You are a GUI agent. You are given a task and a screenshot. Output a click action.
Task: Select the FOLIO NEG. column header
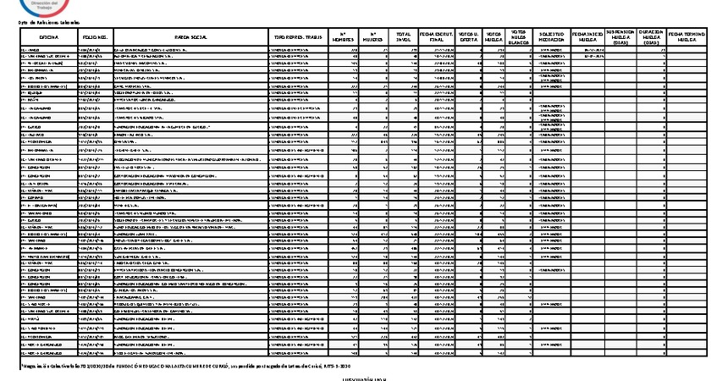click(x=92, y=38)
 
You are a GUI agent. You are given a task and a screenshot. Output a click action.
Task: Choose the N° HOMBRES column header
click(x=339, y=38)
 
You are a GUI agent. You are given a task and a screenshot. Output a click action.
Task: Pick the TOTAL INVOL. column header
click(x=404, y=38)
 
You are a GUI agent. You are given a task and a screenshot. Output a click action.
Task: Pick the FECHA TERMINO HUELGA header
click(x=687, y=38)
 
